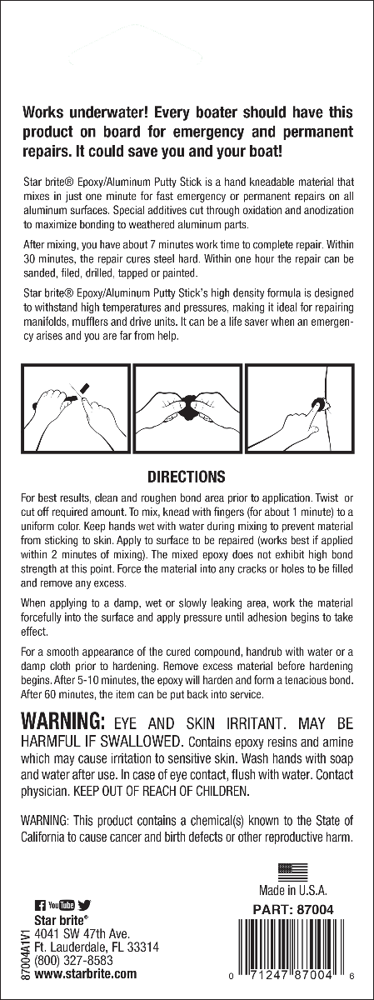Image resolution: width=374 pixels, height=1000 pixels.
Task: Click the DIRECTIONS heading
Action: (187, 477)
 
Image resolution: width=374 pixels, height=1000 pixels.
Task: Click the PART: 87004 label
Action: (297, 911)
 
